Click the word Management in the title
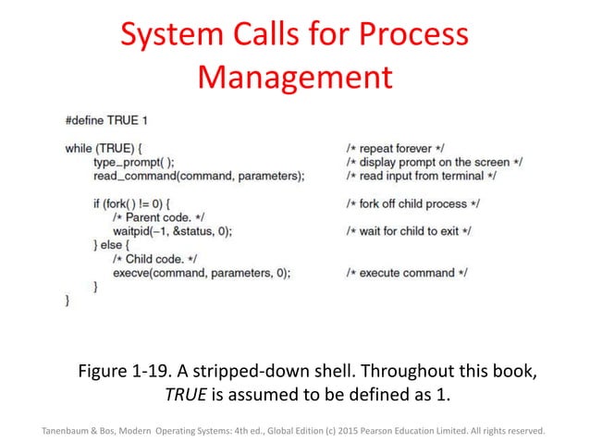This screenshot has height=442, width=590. pyautogui.click(x=295, y=76)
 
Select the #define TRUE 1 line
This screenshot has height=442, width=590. pyautogui.click(x=106, y=121)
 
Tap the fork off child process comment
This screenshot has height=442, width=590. pyautogui.click(x=412, y=203)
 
